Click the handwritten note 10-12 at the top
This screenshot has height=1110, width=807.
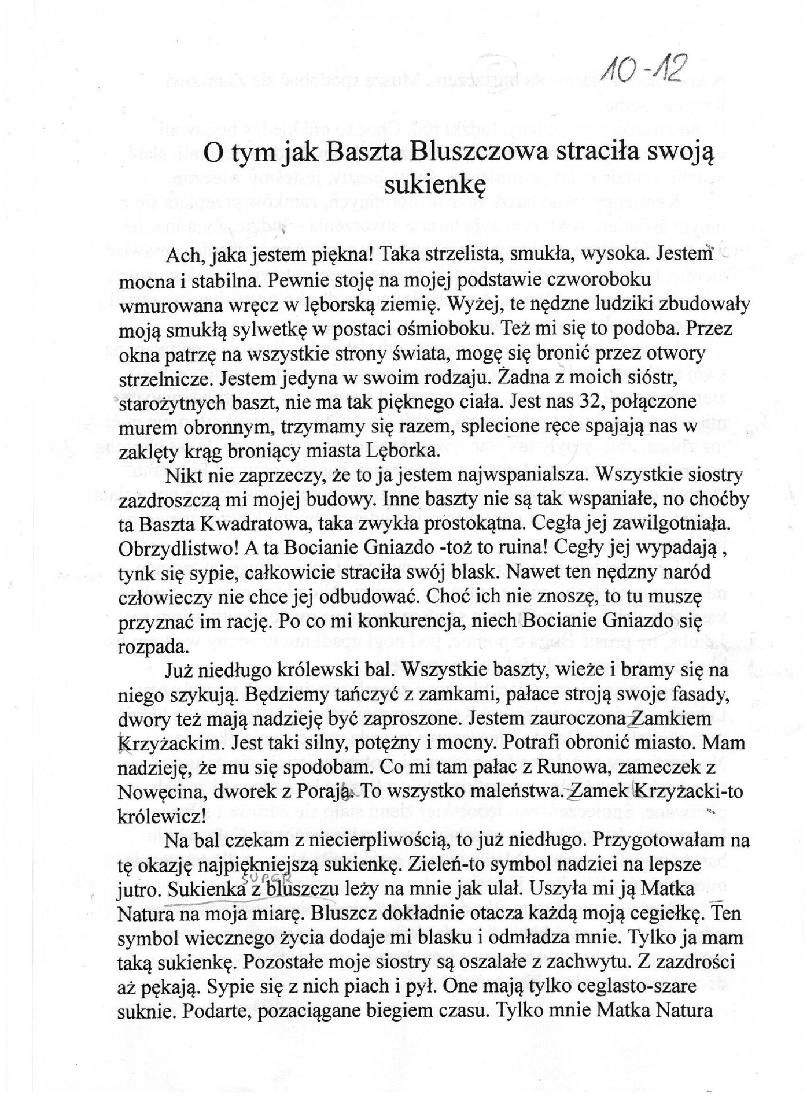[x=642, y=72]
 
